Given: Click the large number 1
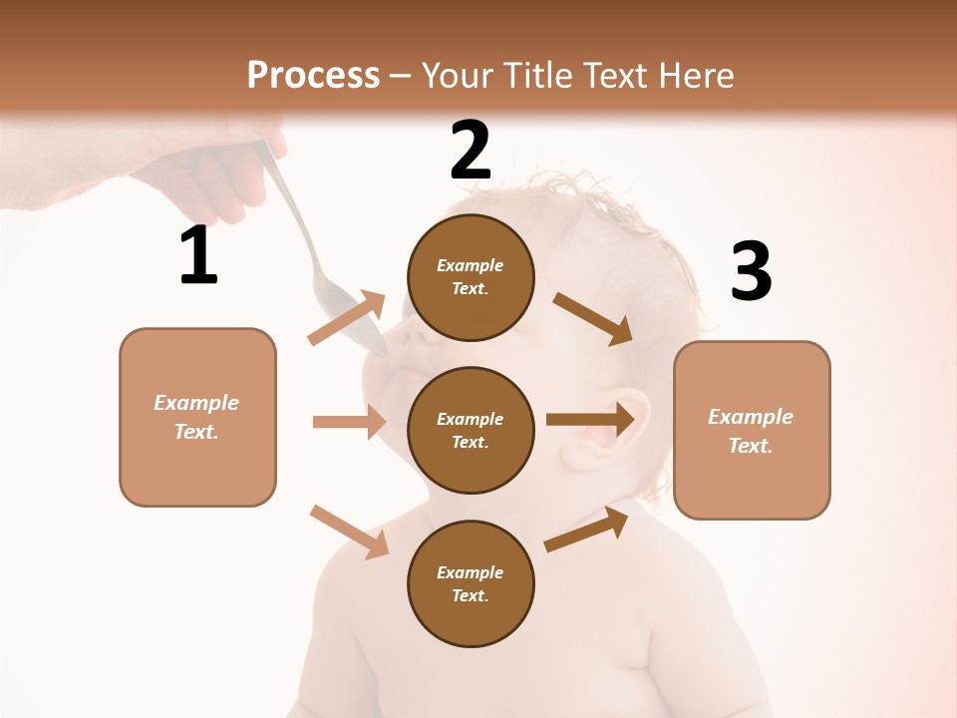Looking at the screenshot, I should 198,256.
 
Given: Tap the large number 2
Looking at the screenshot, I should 471,151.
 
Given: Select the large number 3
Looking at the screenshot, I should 751,272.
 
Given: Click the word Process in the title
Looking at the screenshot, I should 313,75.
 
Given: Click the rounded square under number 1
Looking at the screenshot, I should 197,417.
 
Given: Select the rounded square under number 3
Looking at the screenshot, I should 752,430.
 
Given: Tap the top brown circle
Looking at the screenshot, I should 471,277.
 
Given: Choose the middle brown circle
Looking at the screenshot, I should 471,430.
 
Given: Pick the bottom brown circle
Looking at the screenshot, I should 471,583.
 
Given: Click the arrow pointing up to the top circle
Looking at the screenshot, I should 347,318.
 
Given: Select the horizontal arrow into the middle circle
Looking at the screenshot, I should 349,422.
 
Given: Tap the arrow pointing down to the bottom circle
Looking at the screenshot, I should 349,531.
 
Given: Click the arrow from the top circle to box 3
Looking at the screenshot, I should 593,318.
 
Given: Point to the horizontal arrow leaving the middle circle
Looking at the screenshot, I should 590,420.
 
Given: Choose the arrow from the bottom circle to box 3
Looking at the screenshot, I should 586,530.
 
